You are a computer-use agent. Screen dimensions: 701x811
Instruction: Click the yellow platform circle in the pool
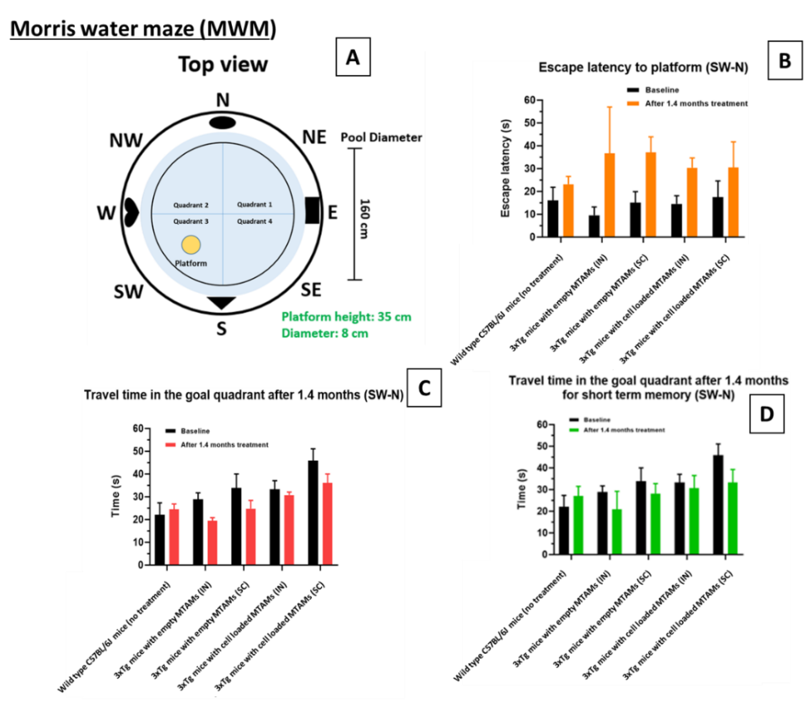[x=191, y=245]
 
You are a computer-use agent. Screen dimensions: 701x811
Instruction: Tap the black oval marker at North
[x=222, y=123]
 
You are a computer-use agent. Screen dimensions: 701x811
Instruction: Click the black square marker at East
[x=312, y=210]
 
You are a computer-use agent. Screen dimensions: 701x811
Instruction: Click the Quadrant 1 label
[x=254, y=204]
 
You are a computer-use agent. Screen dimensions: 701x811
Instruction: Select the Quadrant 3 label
[x=191, y=221]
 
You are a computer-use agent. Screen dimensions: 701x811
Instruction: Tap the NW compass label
[x=126, y=140]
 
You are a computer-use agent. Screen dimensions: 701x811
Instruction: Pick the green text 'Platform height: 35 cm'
[x=346, y=316]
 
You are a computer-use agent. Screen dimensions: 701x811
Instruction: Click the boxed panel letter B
[x=785, y=61]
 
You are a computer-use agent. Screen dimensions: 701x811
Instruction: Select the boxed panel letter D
[x=766, y=414]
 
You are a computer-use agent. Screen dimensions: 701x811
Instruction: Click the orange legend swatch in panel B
[x=633, y=103]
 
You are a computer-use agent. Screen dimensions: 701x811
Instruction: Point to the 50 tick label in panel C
[x=138, y=451]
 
